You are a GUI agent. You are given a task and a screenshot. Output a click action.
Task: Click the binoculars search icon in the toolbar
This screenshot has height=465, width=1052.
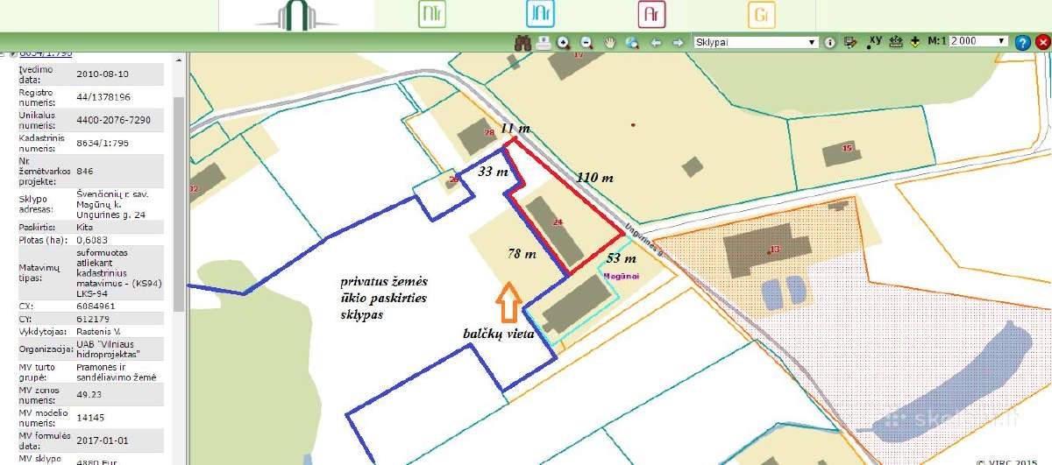tap(522, 42)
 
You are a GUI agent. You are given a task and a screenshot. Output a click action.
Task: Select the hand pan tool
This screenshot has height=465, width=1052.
tap(609, 42)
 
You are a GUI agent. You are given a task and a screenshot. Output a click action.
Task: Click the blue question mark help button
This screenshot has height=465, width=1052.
tap(1022, 42)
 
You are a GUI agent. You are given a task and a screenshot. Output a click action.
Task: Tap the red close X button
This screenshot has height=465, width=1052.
tap(1042, 42)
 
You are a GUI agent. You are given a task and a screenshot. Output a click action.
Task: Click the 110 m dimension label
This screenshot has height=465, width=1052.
tap(594, 178)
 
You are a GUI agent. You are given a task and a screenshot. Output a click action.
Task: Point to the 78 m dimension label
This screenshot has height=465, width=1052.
tap(521, 254)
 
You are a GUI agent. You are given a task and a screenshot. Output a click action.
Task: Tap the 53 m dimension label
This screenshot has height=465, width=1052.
tap(621, 258)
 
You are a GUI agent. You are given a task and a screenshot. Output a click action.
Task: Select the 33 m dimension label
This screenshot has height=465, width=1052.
tap(493, 173)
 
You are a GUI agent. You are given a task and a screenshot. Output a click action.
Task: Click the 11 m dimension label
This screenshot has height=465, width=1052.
tap(515, 128)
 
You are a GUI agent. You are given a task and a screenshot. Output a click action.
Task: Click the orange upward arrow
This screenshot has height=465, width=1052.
tap(508, 304)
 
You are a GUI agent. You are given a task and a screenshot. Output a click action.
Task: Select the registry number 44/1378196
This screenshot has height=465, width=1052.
tap(103, 97)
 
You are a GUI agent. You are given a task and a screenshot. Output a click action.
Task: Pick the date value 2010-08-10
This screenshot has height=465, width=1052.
tap(103, 74)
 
